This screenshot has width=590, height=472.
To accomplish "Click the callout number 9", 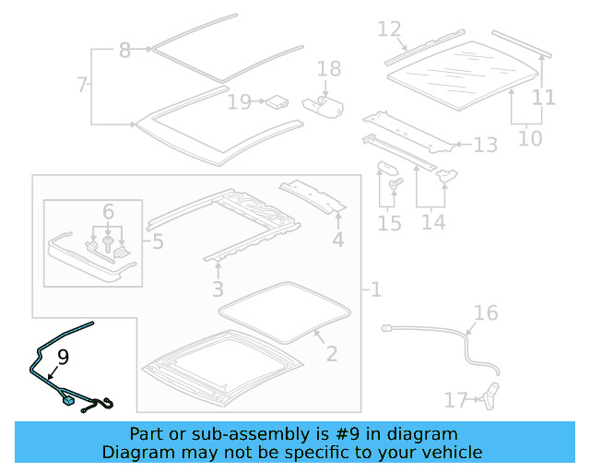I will coord(63,356).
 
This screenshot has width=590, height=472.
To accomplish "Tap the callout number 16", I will coord(486,313).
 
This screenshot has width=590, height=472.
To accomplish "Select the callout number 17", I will coord(456,400).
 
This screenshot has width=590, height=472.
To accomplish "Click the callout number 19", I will coord(239,101).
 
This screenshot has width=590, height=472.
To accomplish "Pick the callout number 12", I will coord(390,29).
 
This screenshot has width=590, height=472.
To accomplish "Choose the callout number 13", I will coord(486,145).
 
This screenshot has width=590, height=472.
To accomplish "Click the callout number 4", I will coord(338,241).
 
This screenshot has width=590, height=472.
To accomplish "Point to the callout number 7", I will coord(83,86).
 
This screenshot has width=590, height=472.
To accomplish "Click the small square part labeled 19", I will coord(274,101).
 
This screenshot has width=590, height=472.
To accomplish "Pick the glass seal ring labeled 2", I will coord(287,312).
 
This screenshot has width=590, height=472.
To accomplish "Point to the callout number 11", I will coord(543,97).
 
